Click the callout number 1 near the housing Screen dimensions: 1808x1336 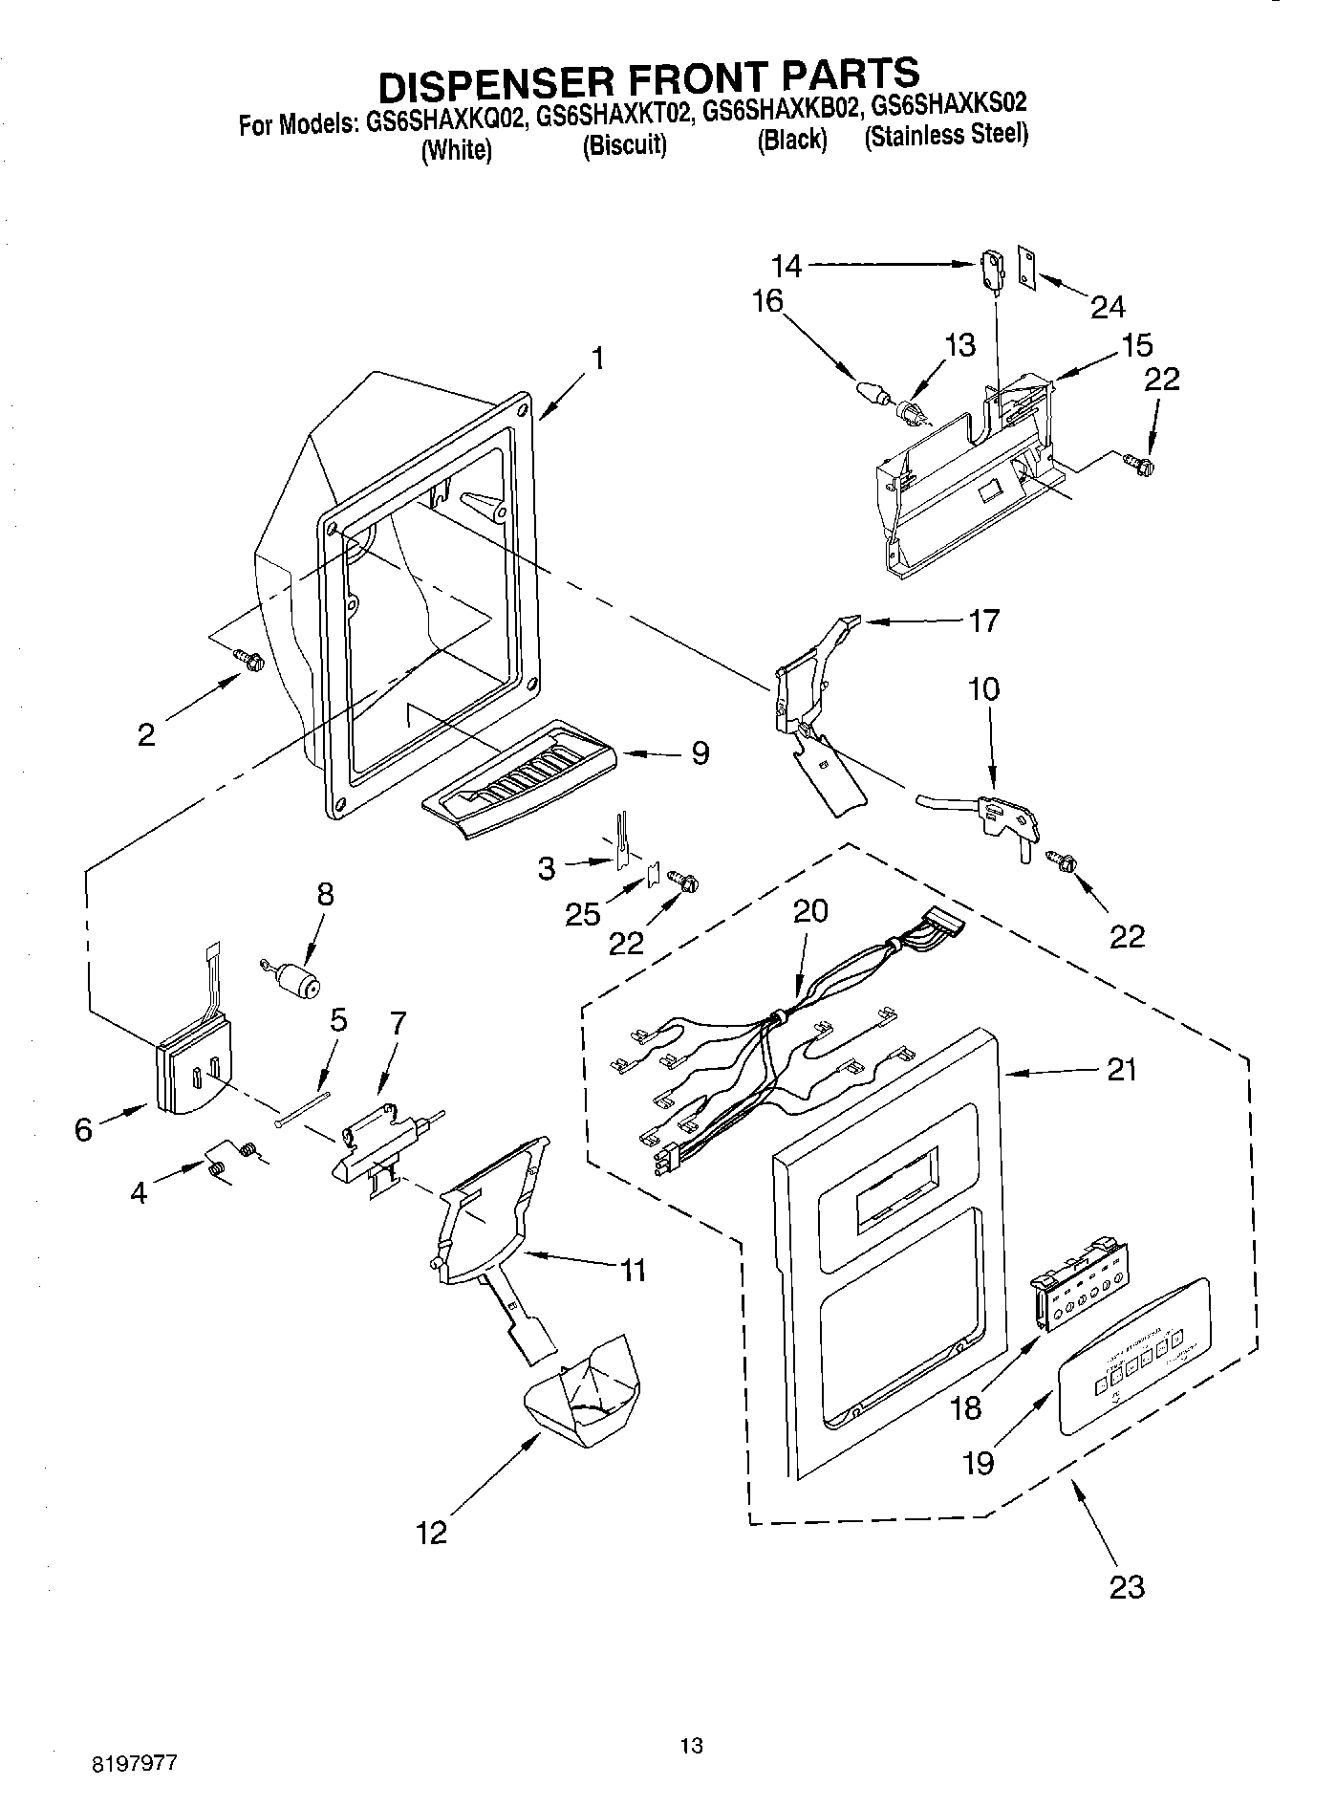[x=597, y=359]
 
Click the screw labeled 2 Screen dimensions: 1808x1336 [x=250, y=659]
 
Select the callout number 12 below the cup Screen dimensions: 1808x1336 [x=431, y=1533]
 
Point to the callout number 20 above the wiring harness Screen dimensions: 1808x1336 [x=809, y=911]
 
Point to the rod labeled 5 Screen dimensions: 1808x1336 [x=303, y=1106]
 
